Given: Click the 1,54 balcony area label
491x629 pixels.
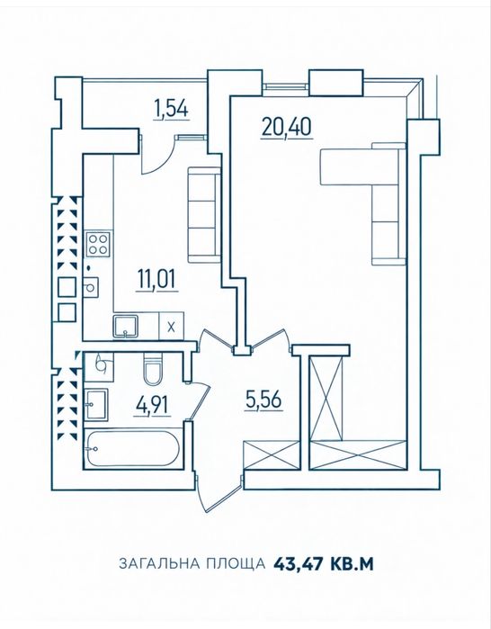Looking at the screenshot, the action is [171, 110].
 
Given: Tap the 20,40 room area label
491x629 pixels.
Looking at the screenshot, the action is [286, 128].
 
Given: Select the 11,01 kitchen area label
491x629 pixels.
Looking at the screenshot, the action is [156, 280].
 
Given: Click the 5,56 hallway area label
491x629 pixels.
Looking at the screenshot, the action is [263, 400].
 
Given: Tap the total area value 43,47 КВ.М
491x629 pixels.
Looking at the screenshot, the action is [324, 563].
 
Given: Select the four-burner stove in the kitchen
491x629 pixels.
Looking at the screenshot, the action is [98, 244].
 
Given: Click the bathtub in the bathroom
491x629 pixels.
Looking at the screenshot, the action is [133, 448].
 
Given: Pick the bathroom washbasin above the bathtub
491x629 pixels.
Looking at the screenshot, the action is [96, 405].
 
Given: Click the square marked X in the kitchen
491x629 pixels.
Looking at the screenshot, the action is [172, 327].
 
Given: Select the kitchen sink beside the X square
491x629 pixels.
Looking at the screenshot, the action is [126, 327].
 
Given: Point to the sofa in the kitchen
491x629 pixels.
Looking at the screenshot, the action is [204, 215].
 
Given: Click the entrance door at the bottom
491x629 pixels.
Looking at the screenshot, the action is [219, 494].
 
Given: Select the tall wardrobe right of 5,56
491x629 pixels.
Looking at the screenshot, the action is [327, 397].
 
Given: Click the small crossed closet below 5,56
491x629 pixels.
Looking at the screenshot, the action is [272, 454].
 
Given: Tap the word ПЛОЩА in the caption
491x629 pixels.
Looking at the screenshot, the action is [236, 563].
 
